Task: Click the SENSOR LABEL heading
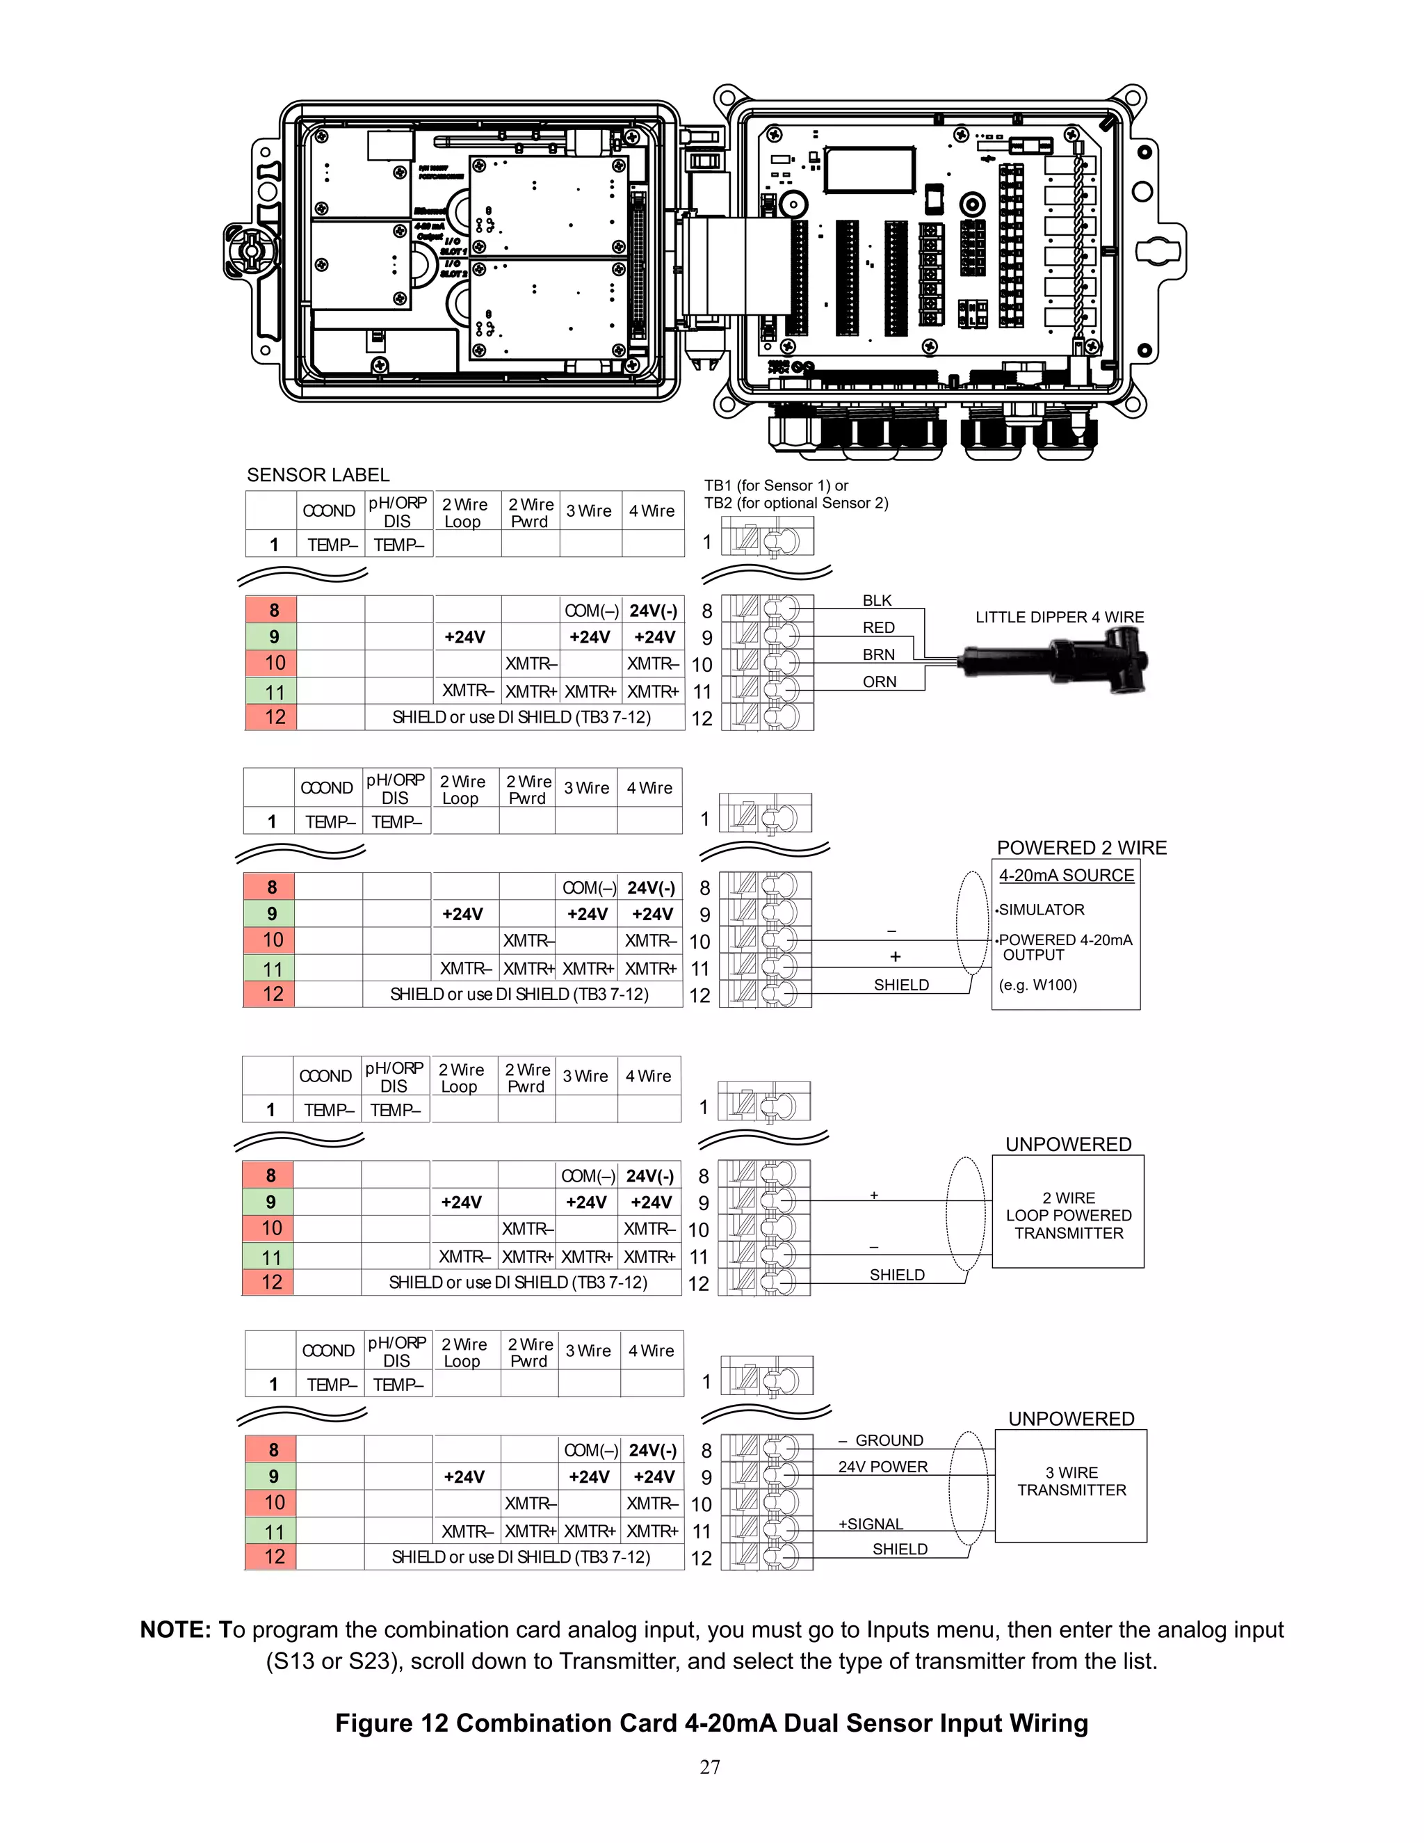tap(318, 475)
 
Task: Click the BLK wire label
tap(877, 600)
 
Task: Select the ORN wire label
tap(879, 682)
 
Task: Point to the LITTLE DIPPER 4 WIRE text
tap(1060, 617)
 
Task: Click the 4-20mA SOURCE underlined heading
tap(1067, 875)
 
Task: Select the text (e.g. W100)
tap(1037, 985)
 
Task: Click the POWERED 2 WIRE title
tap(1081, 848)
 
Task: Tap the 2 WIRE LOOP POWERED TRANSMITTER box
tap(1068, 1215)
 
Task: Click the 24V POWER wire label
tap(882, 1467)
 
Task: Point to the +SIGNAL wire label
tap(871, 1524)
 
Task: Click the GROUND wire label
tap(889, 1440)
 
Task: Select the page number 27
tap(711, 1767)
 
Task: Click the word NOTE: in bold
tap(175, 1629)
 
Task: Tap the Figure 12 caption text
tap(711, 1723)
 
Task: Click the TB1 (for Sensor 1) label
tap(776, 485)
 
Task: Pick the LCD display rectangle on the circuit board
tap(870, 170)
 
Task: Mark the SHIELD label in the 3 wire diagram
tap(899, 1550)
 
